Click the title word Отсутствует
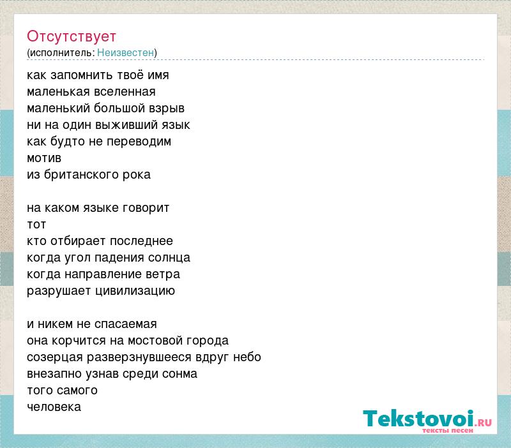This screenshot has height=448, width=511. coord(72,36)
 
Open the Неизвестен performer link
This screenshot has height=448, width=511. coord(125,52)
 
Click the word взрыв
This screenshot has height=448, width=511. coord(167,108)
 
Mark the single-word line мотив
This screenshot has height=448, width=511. coord(44,158)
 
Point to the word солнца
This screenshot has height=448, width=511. coord(169,258)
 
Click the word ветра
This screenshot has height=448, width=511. coord(163,275)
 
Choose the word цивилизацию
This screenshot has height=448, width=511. coord(135,291)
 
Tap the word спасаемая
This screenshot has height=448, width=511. coord(125,324)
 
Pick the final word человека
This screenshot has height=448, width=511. coord(54,407)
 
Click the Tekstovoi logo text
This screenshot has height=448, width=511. coord(419,419)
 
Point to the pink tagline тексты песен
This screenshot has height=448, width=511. coord(448,430)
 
